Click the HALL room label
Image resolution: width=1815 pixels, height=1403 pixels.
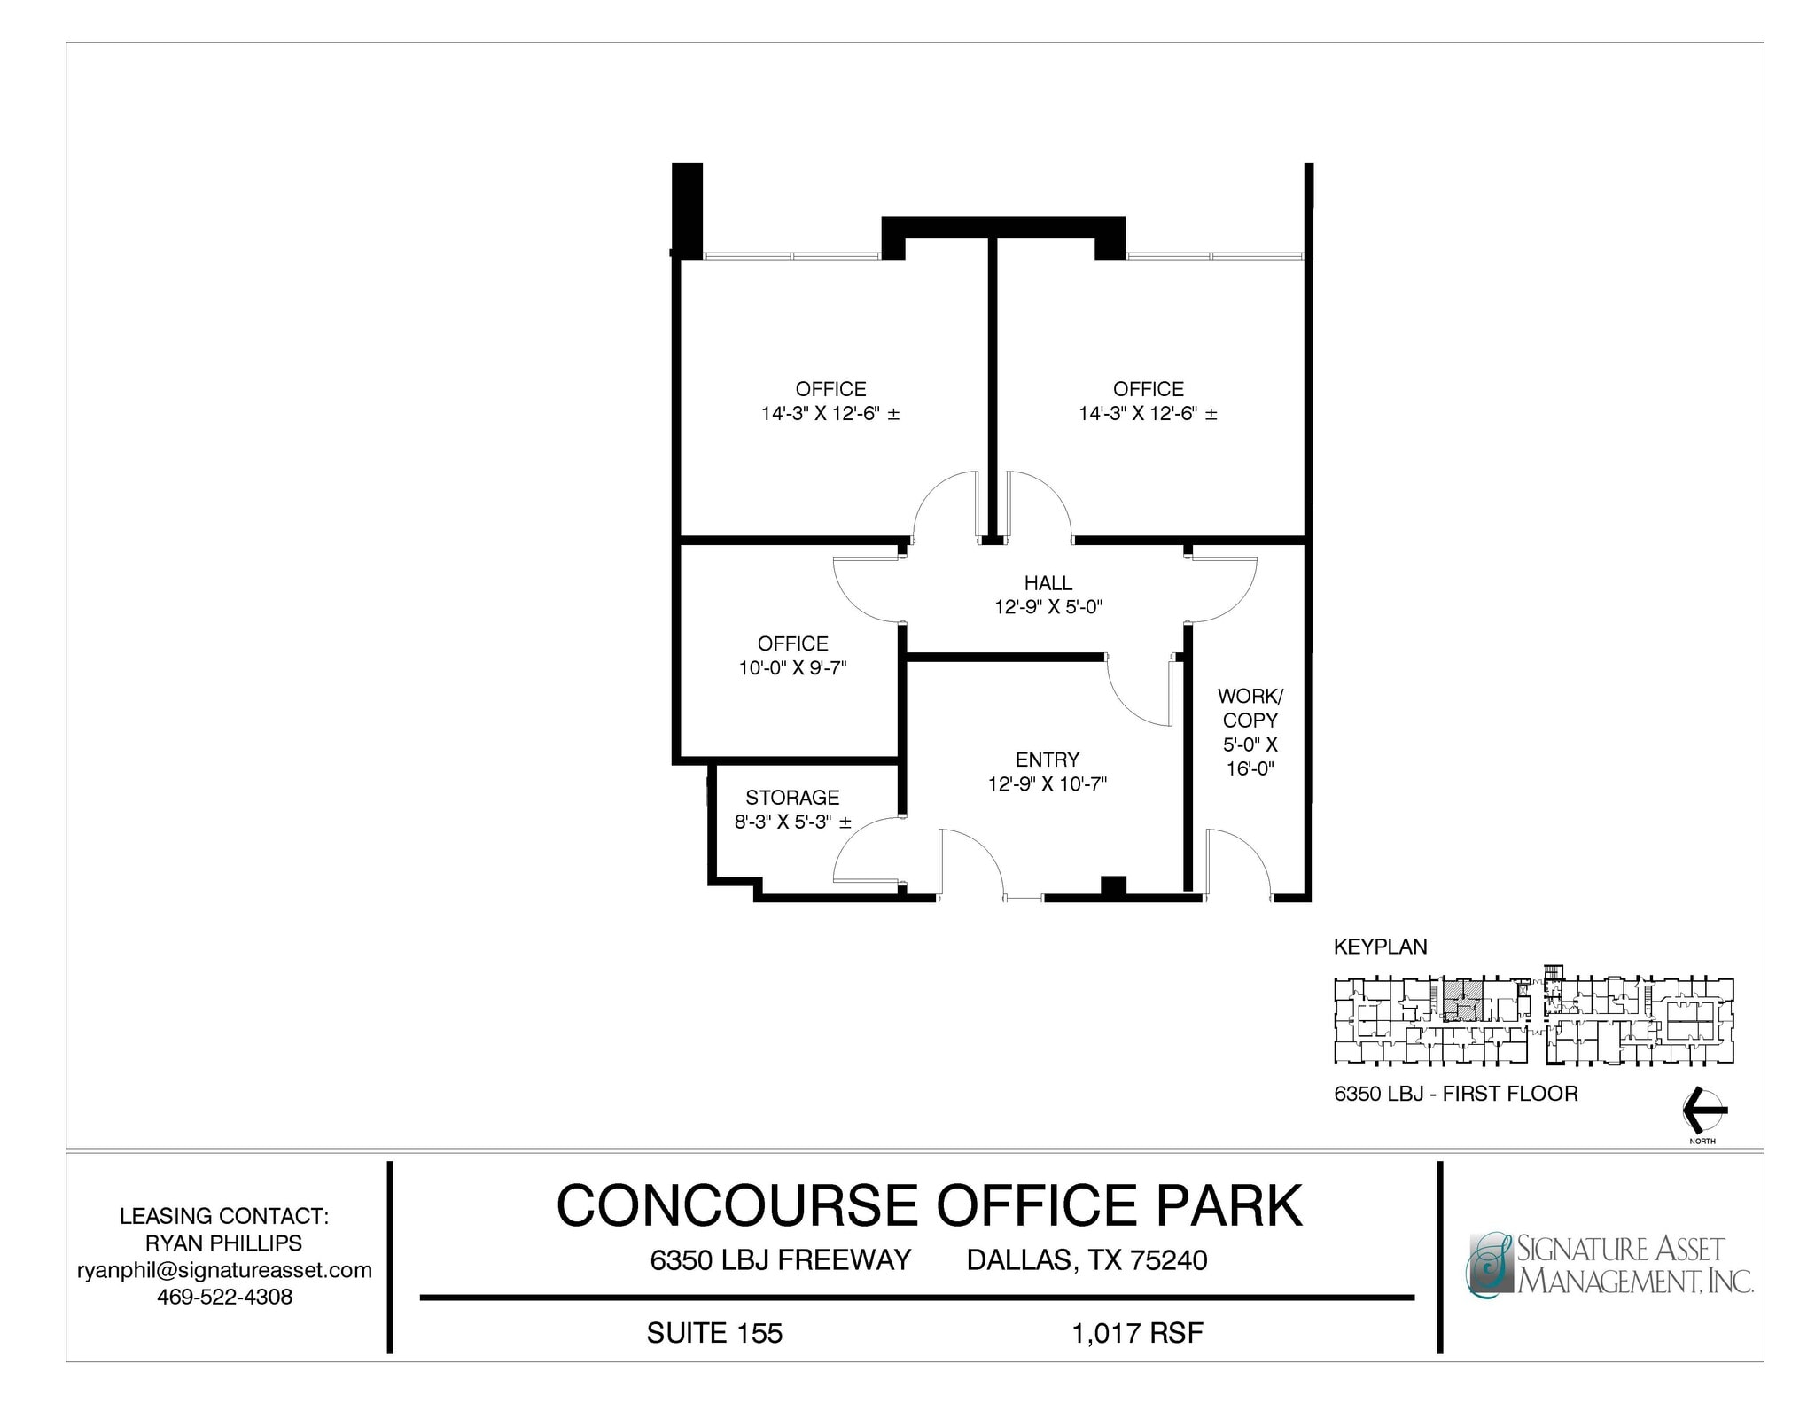pyautogui.click(x=1048, y=583)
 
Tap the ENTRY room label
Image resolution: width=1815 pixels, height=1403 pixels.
pyautogui.click(x=1048, y=760)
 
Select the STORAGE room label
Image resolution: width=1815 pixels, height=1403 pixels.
pyautogui.click(x=792, y=798)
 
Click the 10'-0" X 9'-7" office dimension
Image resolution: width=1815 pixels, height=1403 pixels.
pyautogui.click(x=792, y=668)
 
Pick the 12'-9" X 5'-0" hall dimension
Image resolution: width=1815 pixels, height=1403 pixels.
pyautogui.click(x=1048, y=608)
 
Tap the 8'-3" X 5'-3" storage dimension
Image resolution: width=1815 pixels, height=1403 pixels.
pyautogui.click(x=792, y=822)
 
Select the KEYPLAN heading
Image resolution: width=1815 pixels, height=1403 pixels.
pyautogui.click(x=1380, y=947)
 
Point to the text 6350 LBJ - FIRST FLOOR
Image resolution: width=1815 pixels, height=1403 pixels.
pyautogui.click(x=1455, y=1094)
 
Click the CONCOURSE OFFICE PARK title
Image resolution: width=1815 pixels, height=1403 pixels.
pyautogui.click(x=929, y=1205)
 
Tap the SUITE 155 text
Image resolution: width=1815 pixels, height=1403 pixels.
pyautogui.click(x=714, y=1333)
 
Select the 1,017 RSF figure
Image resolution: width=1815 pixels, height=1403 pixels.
pyautogui.click(x=1138, y=1333)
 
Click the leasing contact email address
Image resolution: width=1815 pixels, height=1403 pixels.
pyautogui.click(x=224, y=1270)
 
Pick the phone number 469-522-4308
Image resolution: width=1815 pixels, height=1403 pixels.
pyautogui.click(x=224, y=1297)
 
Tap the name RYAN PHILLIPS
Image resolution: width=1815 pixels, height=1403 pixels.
pyautogui.click(x=224, y=1243)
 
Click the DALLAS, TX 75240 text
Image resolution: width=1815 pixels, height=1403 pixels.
pyautogui.click(x=1087, y=1259)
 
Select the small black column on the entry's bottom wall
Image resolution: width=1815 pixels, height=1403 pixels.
pyautogui.click(x=1113, y=886)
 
